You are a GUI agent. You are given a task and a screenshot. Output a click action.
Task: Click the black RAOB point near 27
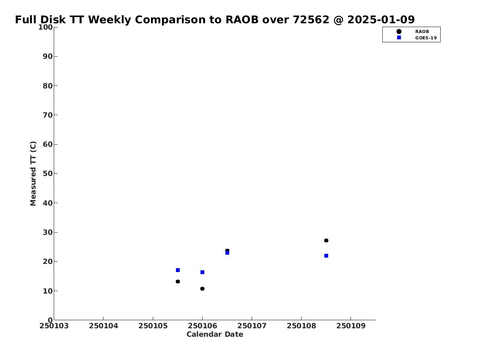click(326, 241)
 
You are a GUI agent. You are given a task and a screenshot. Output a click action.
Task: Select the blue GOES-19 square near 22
click(326, 256)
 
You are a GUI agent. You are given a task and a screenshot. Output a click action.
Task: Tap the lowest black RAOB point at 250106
click(202, 289)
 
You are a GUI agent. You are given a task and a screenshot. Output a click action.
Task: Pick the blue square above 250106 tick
click(202, 272)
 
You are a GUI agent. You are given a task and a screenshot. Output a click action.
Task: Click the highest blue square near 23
click(227, 253)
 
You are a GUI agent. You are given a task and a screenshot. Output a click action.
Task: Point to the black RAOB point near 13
click(178, 281)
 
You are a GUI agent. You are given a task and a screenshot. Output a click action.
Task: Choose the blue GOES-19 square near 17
click(178, 270)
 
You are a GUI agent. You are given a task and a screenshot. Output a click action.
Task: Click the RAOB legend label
click(422, 32)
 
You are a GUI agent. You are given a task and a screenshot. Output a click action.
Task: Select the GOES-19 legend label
click(426, 38)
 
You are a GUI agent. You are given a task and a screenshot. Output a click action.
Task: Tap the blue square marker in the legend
click(399, 37)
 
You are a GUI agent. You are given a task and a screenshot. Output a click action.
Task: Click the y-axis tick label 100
click(45, 27)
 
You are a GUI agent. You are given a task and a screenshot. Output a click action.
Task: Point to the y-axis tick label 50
click(48, 173)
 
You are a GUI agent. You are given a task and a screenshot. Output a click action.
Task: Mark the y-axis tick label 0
click(50, 320)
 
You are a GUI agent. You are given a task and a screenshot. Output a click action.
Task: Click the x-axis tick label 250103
click(54, 326)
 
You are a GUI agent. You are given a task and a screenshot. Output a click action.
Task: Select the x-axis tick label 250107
click(252, 326)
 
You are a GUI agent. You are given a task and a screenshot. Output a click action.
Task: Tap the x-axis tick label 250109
click(351, 326)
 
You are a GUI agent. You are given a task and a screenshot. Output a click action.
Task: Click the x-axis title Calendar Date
click(215, 334)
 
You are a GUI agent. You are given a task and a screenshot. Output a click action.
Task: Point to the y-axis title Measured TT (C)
click(33, 173)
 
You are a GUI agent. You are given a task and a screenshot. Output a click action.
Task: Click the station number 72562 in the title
click(311, 19)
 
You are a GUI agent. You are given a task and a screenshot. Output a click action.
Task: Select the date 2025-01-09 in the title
click(381, 19)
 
